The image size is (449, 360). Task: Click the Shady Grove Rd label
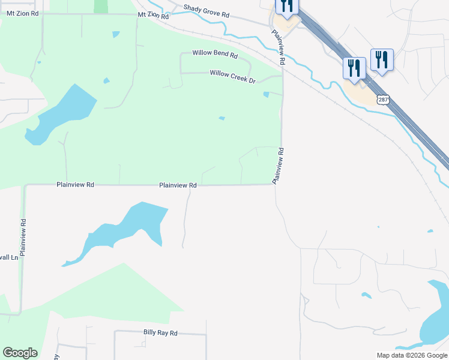coord(206,10)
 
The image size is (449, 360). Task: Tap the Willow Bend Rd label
coord(215,53)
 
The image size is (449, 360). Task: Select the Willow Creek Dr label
coord(232,73)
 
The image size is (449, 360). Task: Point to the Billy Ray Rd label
coord(160,332)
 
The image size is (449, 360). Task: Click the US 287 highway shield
coord(382,100)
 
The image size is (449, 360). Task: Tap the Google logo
coord(20,353)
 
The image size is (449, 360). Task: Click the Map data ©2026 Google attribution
coord(412,355)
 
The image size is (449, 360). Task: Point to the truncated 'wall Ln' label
coord(9,257)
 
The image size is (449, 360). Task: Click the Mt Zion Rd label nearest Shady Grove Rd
coord(154,14)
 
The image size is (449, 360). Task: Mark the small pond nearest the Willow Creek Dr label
coord(266,94)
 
